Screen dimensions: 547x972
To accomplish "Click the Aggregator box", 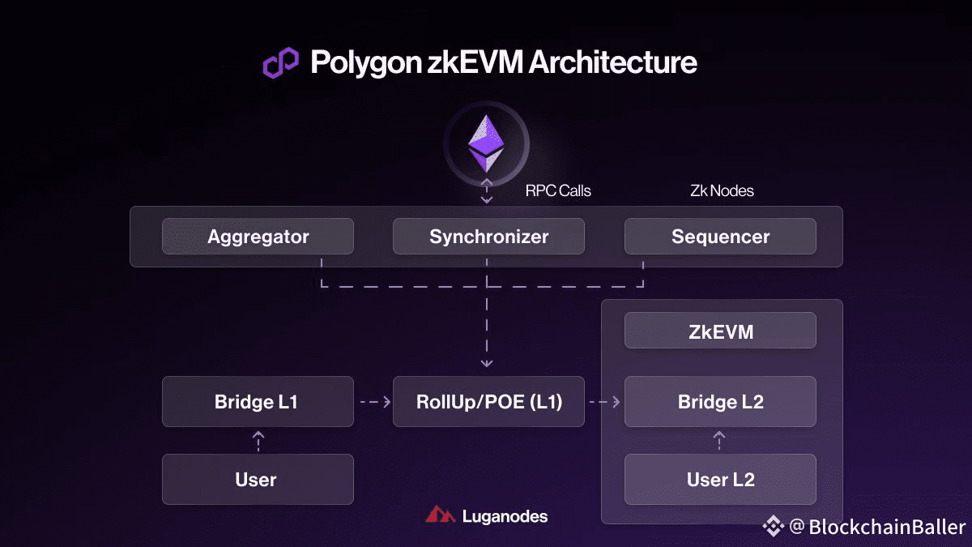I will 258,237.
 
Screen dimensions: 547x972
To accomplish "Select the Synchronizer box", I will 488,237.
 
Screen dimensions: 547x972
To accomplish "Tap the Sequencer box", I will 720,237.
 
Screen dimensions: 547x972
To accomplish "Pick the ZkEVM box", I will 720,331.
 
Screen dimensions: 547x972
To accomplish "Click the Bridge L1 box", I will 258,401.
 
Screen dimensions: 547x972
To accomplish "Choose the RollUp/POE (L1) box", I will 488,401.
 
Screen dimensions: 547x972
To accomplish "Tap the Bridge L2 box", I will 720,401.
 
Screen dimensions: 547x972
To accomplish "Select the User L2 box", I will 720,479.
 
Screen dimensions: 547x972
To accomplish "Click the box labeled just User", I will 258,479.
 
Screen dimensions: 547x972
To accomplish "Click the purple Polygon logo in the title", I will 280,63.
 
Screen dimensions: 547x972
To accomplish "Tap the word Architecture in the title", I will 612,62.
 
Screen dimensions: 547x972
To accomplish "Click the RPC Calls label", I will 558,191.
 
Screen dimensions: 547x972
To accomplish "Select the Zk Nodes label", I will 722,191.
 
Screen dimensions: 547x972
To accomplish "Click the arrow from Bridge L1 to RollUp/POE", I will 373,401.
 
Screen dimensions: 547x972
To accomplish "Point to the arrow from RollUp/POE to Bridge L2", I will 604,401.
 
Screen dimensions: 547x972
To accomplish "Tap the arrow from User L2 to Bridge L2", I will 718,440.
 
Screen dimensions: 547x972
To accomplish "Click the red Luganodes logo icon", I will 441,515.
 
